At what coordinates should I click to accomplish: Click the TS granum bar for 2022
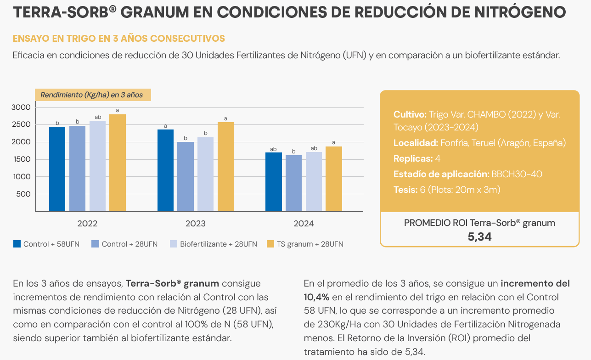click(117, 163)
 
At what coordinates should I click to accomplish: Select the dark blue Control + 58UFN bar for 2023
click(165, 170)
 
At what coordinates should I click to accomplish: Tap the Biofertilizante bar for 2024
click(314, 181)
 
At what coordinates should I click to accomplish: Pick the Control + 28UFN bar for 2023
click(186, 176)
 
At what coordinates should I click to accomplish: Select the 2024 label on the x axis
click(304, 224)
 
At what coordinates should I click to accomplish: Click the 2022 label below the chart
click(87, 224)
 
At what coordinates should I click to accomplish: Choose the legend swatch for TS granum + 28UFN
click(270, 244)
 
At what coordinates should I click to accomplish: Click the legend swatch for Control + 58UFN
click(17, 244)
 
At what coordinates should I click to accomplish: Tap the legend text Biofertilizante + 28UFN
click(218, 244)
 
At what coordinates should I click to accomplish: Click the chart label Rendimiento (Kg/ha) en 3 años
click(92, 95)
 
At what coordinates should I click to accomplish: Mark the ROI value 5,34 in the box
click(479, 237)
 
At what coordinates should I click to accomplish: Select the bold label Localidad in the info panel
click(416, 143)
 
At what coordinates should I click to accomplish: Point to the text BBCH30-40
click(517, 174)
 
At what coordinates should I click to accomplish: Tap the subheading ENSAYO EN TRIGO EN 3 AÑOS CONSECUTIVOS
click(119, 38)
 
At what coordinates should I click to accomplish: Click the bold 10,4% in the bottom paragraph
click(317, 297)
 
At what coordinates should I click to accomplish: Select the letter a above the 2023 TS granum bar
click(225, 118)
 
